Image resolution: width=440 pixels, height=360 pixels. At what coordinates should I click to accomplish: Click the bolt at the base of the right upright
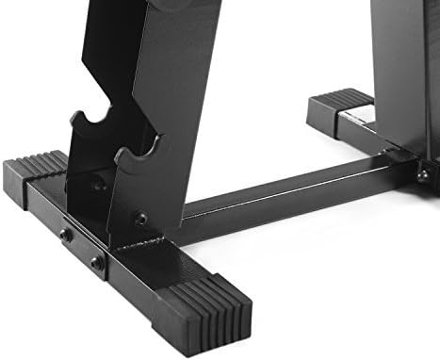pyautogui.click(x=424, y=174)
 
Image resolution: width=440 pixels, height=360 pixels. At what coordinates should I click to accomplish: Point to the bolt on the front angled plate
pyautogui.click(x=140, y=218)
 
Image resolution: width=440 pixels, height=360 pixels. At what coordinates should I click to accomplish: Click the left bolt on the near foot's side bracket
pyautogui.click(x=65, y=234)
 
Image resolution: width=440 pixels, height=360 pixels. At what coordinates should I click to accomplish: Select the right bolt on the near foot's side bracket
pyautogui.click(x=97, y=263)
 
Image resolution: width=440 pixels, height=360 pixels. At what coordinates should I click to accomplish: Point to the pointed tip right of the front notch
pyautogui.click(x=155, y=141)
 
